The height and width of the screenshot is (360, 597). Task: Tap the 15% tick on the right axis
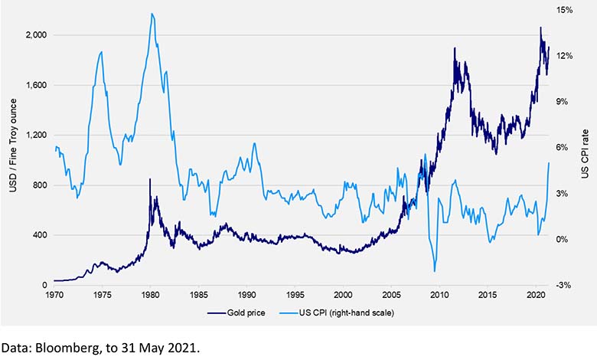pyautogui.click(x=565, y=10)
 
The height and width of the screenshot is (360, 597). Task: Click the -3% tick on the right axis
pyautogui.click(x=565, y=285)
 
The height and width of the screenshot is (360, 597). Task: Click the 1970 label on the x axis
pyautogui.click(x=54, y=294)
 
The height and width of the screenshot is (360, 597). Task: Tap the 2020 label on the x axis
pyautogui.click(x=536, y=294)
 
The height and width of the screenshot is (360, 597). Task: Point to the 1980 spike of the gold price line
pyautogui.click(x=150, y=179)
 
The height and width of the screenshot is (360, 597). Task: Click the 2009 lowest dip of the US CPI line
pyautogui.click(x=435, y=271)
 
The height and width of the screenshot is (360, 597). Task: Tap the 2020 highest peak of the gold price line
pyautogui.click(x=540, y=28)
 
